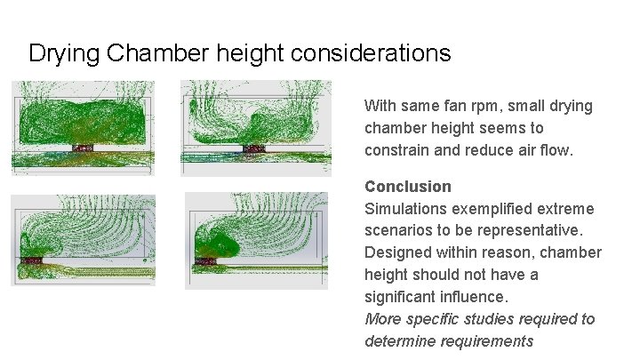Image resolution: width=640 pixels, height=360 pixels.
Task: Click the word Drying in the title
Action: tap(63, 53)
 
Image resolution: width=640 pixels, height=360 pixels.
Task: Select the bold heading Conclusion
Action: tap(408, 187)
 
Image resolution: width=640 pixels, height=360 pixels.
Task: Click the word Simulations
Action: tap(405, 209)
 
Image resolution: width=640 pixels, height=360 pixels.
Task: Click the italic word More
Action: tap(383, 319)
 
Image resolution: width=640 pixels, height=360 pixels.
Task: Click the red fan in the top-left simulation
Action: tap(83, 147)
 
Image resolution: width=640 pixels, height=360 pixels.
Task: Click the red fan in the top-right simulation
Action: tap(257, 147)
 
